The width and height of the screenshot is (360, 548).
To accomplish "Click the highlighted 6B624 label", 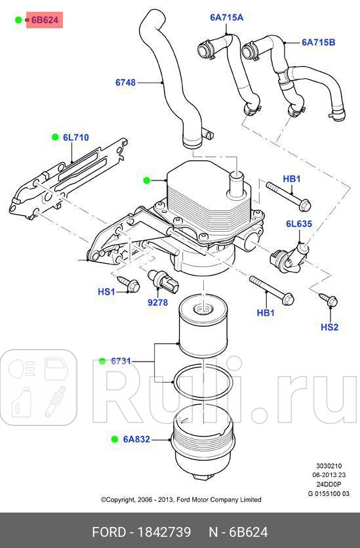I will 45,20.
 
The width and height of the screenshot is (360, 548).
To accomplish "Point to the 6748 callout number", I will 125,83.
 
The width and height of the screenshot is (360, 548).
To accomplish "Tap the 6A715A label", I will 226,18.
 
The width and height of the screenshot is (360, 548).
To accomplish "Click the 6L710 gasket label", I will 75,138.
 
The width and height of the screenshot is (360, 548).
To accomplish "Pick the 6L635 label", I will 298,224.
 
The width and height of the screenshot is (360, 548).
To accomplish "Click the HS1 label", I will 106,291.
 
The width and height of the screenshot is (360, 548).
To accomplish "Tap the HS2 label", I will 330,327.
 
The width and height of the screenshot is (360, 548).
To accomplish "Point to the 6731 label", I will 121,361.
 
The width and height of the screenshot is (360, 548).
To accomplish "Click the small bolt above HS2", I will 331,301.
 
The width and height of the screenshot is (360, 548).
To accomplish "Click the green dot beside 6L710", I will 56,137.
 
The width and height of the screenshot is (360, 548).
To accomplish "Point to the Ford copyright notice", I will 180,499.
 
